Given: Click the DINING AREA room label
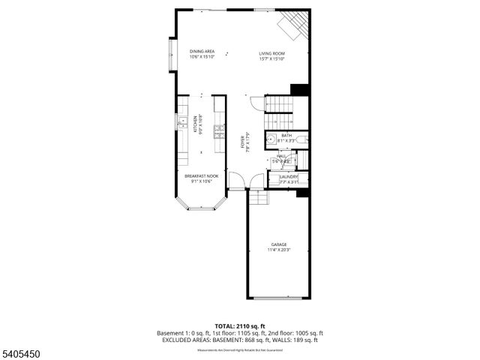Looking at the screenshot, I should tap(202, 51).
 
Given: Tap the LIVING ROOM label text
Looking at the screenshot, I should tap(272, 53).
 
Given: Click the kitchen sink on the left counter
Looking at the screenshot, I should tap(181, 121).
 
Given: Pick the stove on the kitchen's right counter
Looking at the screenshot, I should tap(219, 131).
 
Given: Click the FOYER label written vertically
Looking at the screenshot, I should tap(243, 141).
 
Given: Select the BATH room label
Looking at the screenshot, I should tap(286, 136).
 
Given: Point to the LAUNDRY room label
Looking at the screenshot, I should tap(289, 176).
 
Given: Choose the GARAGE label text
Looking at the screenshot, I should tap(279, 244).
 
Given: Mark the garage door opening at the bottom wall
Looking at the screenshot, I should tap(279, 298).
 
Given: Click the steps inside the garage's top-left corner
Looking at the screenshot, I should tap(258, 197).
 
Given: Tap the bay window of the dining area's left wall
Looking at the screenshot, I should tap(172, 54).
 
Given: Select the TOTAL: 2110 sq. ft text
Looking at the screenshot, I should tap(239, 326).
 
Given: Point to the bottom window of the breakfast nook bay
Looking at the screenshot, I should tap(200, 208).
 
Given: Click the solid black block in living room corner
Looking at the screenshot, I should tap(300, 89).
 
